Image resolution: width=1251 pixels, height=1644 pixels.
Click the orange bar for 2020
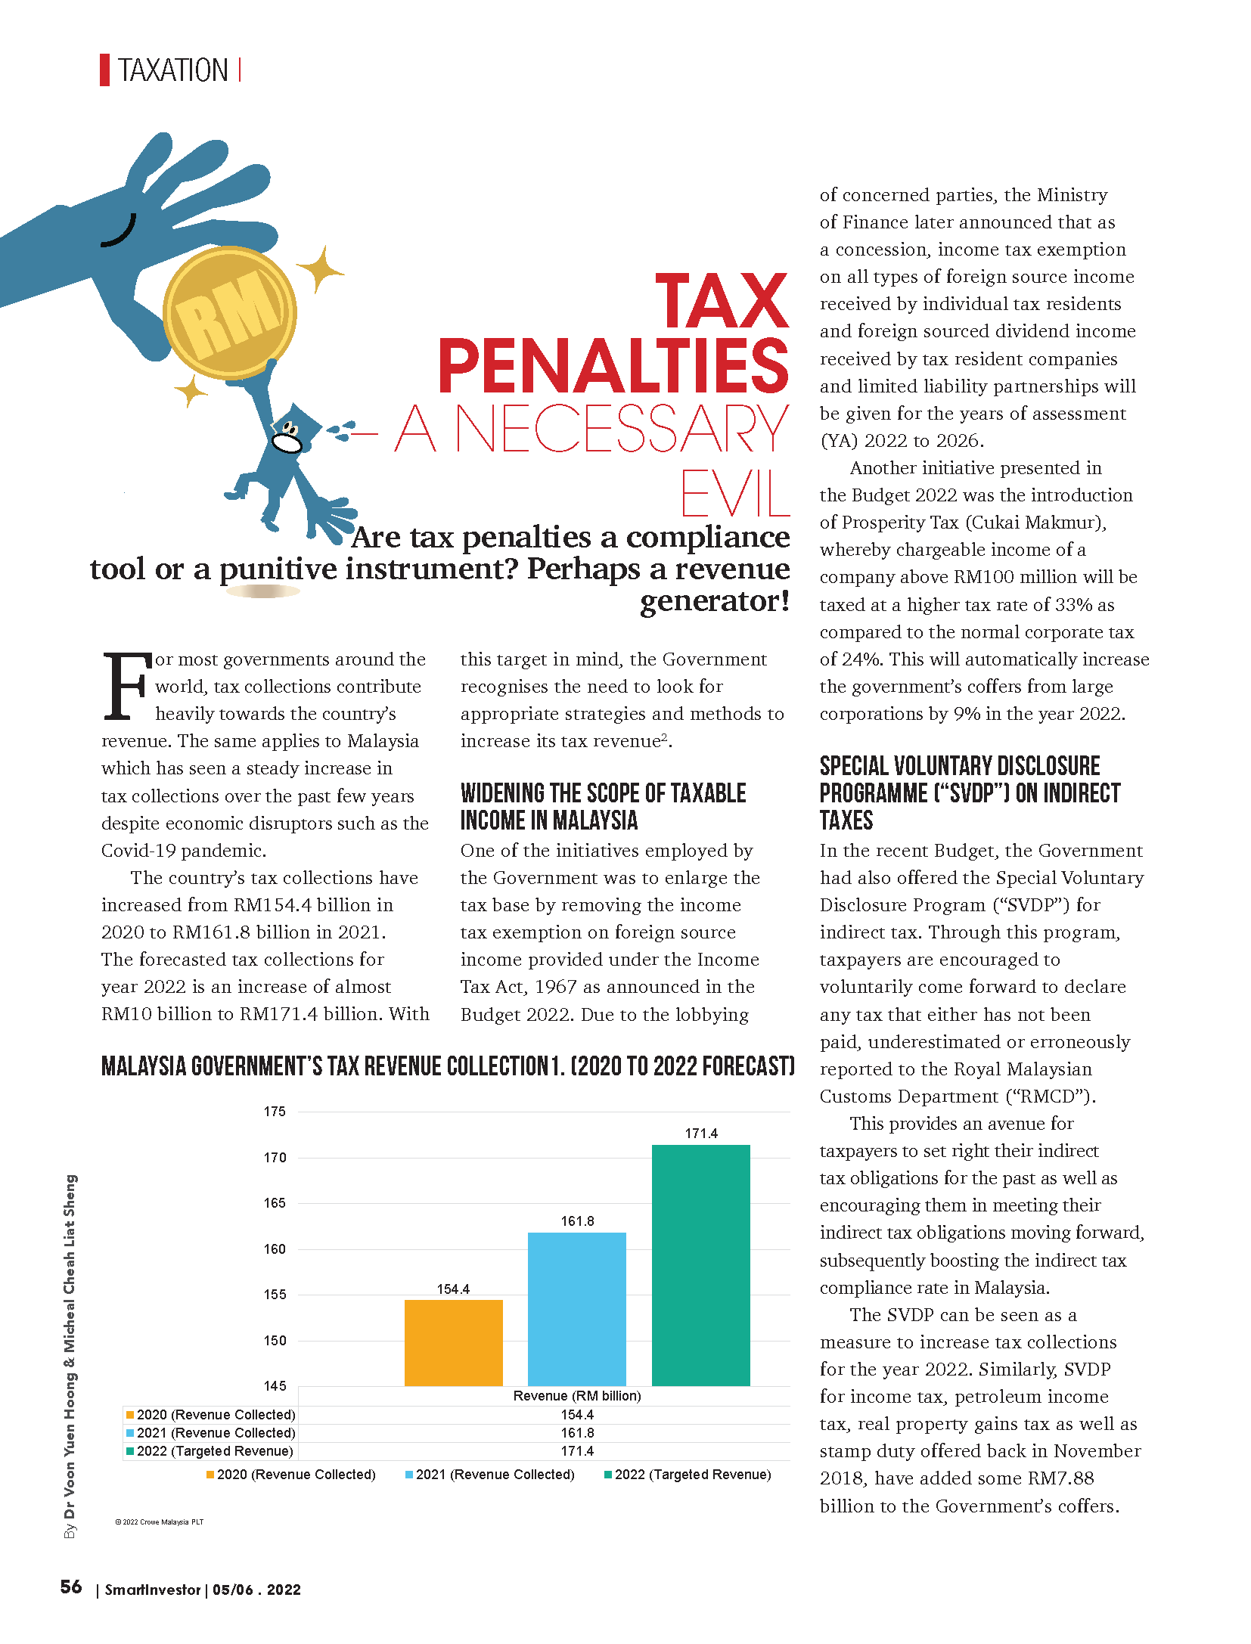pos(453,1342)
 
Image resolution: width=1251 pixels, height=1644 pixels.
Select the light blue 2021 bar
pos(576,1308)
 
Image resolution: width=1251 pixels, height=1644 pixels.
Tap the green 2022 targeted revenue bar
pos(700,1264)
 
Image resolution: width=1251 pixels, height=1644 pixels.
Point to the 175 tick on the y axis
pos(275,1112)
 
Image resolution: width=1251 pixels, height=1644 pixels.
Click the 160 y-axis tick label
pos(275,1249)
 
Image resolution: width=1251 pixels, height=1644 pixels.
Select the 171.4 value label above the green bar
pos(701,1134)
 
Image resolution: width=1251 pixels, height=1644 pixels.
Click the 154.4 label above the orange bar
pos(453,1289)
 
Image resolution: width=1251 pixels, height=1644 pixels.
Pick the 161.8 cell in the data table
pos(577,1433)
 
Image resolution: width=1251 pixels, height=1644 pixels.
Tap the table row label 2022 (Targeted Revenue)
pos(215,1451)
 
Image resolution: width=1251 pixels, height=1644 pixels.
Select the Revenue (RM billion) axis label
pos(577,1396)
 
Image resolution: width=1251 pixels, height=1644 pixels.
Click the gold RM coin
pos(229,312)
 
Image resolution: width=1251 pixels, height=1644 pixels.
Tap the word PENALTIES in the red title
pos(613,366)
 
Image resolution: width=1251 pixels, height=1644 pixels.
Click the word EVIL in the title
pos(734,494)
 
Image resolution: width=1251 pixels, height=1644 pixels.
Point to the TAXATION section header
pos(172,70)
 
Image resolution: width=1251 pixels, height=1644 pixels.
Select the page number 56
pos(71,1587)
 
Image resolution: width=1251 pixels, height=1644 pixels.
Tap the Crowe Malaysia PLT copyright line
pos(160,1522)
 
